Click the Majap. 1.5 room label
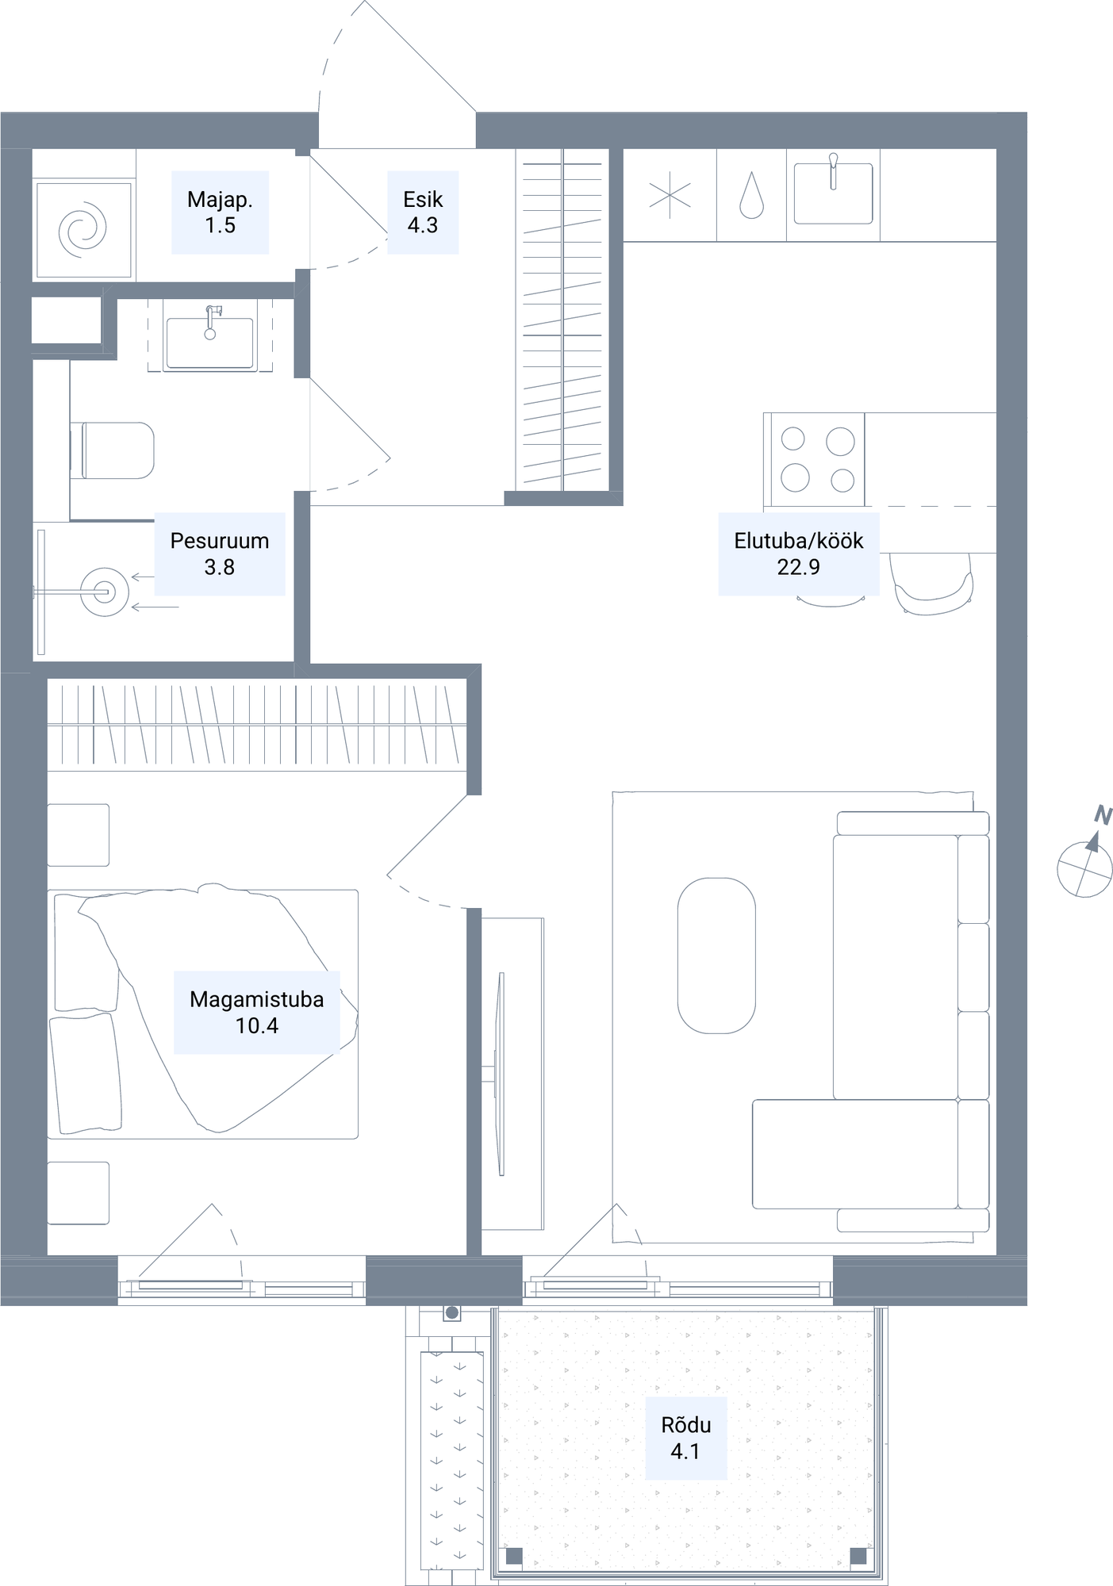pos(220,213)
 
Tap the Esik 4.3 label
pos(423,213)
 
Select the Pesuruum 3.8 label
pos(220,554)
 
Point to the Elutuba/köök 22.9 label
pos(799,554)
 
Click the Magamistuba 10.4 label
pos(257,1012)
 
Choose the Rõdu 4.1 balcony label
pos(686,1438)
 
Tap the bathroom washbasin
pos(210,338)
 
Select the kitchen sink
pos(833,193)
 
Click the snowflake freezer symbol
pos(670,195)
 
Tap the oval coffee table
pos(716,956)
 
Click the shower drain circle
pos(104,592)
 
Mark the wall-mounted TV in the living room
pos(500,1074)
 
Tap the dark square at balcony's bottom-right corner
pos(858,1556)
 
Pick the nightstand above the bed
pos(78,835)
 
